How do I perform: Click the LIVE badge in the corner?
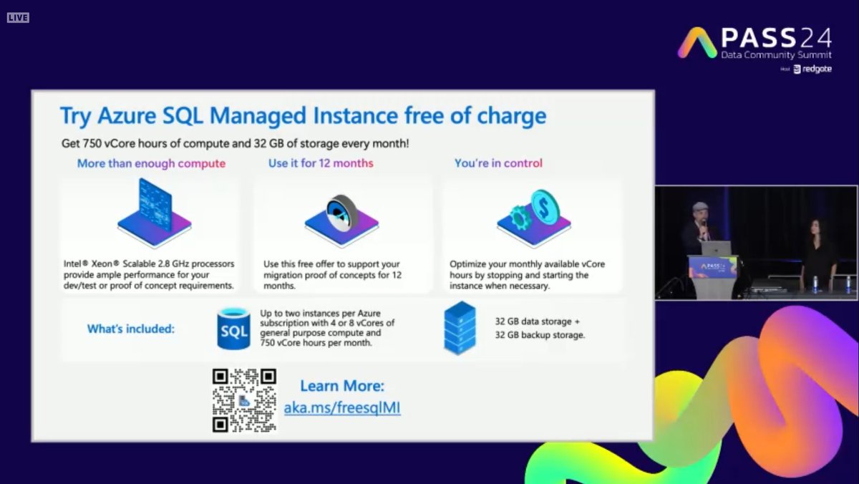pyautogui.click(x=18, y=17)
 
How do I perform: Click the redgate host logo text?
pyautogui.click(x=816, y=69)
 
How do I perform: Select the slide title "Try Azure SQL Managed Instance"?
pyautogui.click(x=303, y=116)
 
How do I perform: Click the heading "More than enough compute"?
pyautogui.click(x=151, y=163)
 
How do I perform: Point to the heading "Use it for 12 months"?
pyautogui.click(x=321, y=163)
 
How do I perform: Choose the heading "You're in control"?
pyautogui.click(x=498, y=163)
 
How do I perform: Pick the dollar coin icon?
pyautogui.click(x=544, y=208)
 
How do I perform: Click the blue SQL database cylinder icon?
pyautogui.click(x=233, y=329)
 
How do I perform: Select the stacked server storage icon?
pyautogui.click(x=460, y=328)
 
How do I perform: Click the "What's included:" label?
pyautogui.click(x=131, y=329)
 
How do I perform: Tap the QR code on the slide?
pyautogui.click(x=244, y=400)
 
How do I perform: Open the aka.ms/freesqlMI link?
pyautogui.click(x=342, y=409)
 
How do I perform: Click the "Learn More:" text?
pyautogui.click(x=342, y=387)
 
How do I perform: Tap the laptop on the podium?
pyautogui.click(x=716, y=248)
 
